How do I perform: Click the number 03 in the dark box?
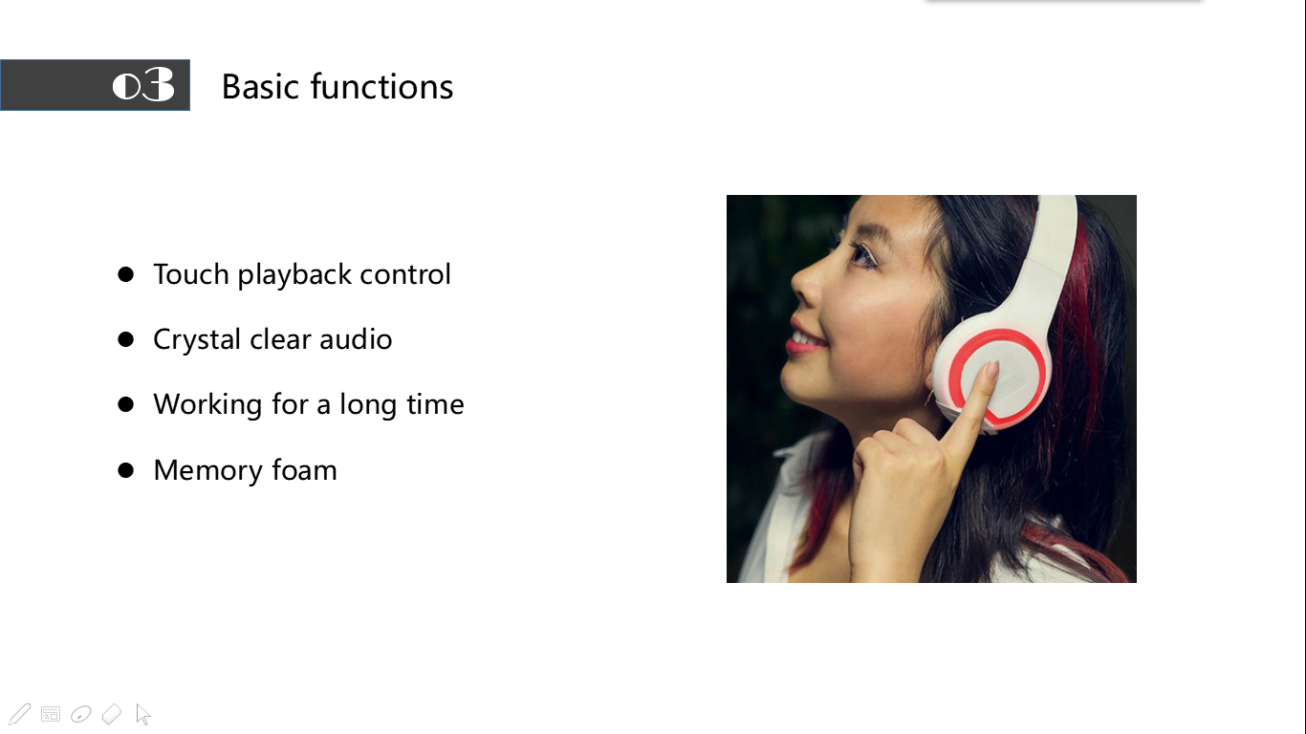click(x=142, y=84)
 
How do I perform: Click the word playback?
click(x=294, y=274)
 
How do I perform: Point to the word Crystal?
click(x=197, y=339)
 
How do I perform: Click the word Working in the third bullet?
click(x=207, y=404)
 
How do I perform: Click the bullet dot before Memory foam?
click(x=125, y=470)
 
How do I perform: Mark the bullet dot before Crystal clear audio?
click(x=125, y=339)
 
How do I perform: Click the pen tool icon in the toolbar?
click(x=19, y=714)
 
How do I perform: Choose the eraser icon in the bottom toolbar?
click(x=111, y=714)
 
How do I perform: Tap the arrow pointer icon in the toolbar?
click(x=142, y=714)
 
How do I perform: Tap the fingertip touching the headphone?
click(x=990, y=370)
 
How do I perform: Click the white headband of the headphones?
click(x=1053, y=256)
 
